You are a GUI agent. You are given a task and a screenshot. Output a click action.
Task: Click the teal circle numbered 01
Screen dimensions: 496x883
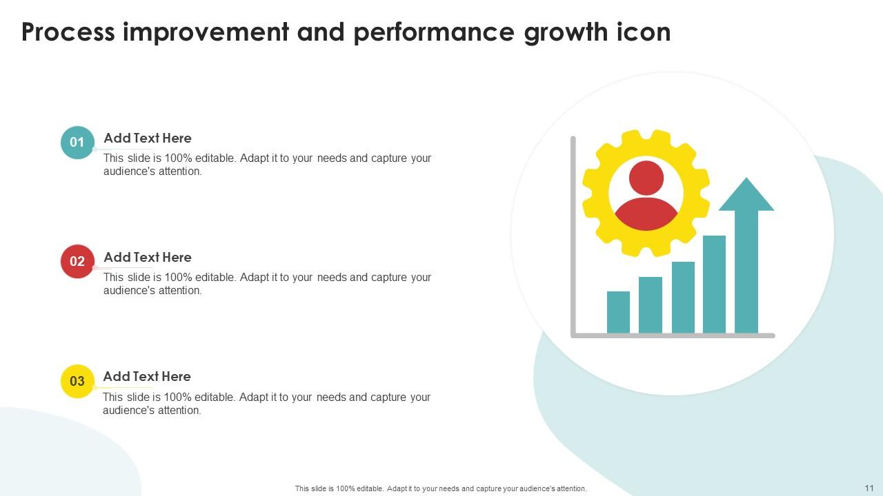click(x=77, y=143)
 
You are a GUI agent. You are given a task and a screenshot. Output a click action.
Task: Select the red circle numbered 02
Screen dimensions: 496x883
click(x=77, y=262)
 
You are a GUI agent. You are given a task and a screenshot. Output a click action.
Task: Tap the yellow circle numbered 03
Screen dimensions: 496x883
click(x=77, y=381)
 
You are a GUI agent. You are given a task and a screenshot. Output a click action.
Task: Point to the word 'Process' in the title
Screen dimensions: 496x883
click(x=68, y=32)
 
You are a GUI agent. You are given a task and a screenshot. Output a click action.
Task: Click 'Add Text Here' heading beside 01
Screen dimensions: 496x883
click(x=147, y=138)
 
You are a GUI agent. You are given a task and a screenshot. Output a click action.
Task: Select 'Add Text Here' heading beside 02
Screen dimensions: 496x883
click(x=147, y=257)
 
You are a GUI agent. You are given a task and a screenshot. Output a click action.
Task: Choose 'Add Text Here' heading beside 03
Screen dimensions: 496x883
click(x=147, y=376)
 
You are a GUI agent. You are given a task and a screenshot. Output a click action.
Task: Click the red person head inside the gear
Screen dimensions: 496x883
click(x=646, y=178)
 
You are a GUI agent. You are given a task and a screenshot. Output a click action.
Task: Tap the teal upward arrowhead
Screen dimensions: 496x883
click(x=746, y=196)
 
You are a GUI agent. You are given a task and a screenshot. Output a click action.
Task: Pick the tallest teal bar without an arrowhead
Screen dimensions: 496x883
click(x=714, y=284)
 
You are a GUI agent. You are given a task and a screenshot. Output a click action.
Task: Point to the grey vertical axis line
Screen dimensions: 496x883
click(x=573, y=234)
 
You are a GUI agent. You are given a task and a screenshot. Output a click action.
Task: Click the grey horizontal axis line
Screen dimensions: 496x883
click(x=673, y=335)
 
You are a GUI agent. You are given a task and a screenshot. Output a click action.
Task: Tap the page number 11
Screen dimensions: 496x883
click(x=868, y=488)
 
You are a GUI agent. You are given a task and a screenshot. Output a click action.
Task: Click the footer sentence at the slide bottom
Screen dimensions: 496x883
click(x=441, y=488)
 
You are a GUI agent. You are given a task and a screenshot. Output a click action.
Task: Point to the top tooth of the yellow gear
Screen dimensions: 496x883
click(x=646, y=137)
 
